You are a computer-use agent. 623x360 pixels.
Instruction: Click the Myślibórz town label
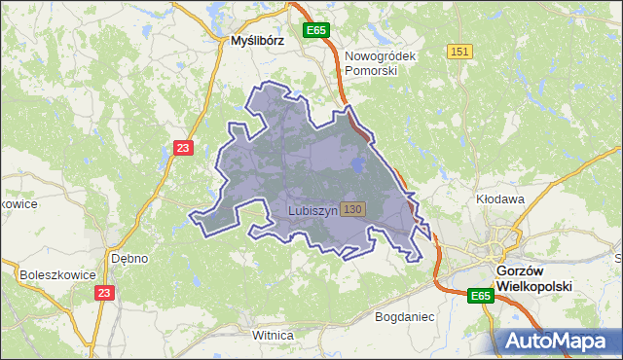[256, 42]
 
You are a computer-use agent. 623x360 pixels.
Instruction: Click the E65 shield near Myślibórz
[314, 31]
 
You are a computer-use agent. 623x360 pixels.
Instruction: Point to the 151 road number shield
[460, 52]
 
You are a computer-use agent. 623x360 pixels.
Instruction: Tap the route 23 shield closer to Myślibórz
[183, 148]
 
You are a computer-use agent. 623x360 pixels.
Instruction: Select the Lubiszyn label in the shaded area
[313, 210]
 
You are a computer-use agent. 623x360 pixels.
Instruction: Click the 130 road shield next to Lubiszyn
[353, 209]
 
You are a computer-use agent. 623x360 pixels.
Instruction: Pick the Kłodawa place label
[500, 198]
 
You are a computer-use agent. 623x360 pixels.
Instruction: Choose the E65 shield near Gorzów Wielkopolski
[479, 296]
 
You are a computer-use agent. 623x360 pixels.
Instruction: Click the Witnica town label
[273, 336]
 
